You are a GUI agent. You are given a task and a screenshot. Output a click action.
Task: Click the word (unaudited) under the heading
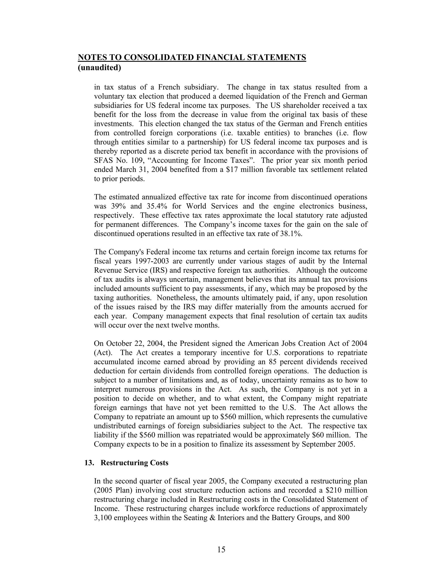point(99,68)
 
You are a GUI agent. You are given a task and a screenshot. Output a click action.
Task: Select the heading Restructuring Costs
point(134,463)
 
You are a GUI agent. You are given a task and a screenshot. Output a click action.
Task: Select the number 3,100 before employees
point(103,518)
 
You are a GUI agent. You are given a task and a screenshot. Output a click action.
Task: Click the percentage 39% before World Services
point(119,206)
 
